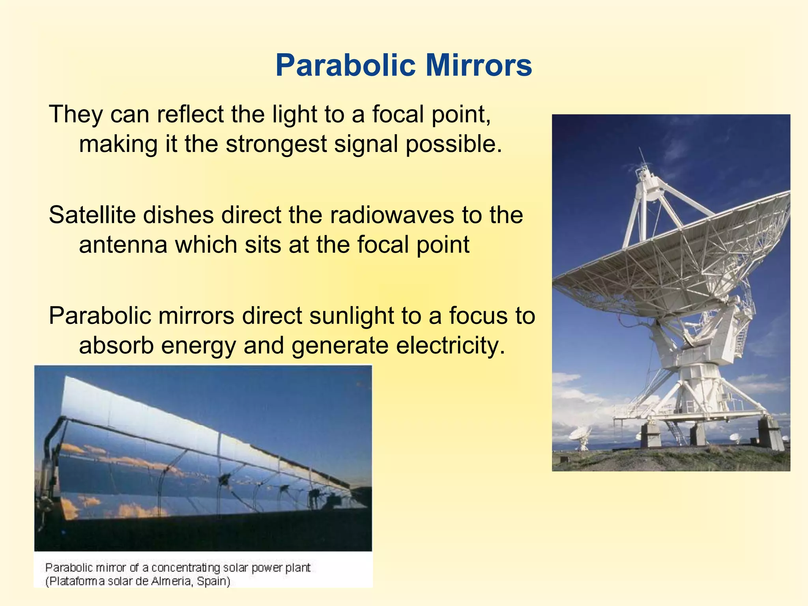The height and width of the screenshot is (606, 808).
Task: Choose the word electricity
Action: point(450,345)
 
